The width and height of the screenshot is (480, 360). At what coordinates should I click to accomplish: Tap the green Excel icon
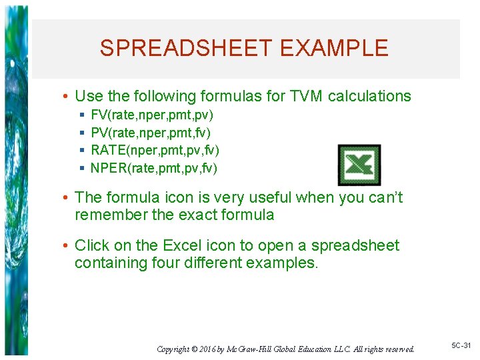click(359, 165)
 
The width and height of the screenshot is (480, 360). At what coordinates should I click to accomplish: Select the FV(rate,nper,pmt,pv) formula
click(152, 115)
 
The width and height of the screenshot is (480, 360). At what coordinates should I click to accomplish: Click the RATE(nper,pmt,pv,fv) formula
click(155, 151)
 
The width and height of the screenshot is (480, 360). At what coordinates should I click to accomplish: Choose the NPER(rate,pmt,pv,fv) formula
click(154, 168)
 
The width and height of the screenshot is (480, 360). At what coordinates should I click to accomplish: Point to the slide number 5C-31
click(461, 346)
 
